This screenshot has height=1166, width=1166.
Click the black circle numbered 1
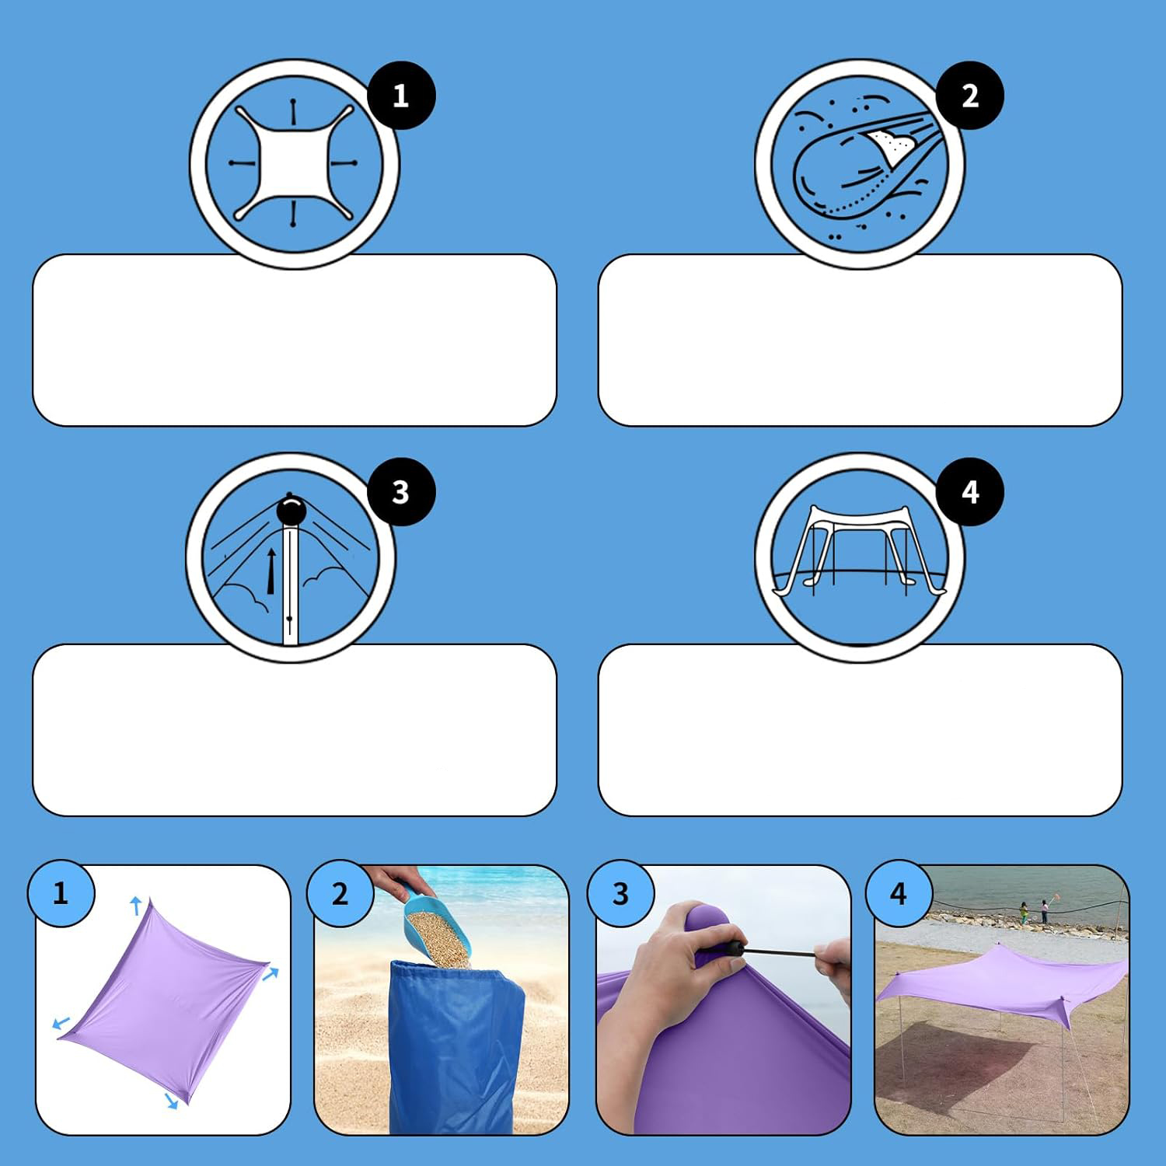click(400, 96)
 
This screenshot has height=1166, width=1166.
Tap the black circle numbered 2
click(969, 96)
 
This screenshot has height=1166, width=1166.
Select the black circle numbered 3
click(400, 492)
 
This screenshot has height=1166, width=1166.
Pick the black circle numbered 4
click(969, 492)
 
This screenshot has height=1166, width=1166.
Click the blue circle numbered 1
click(61, 893)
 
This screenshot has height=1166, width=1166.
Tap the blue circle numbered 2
click(340, 893)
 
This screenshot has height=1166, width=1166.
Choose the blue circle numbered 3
click(620, 893)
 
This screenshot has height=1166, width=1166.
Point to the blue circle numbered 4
click(899, 893)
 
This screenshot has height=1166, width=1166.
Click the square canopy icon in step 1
click(294, 164)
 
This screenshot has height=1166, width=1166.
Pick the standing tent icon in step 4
click(858, 548)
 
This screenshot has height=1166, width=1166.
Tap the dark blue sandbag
click(456, 1046)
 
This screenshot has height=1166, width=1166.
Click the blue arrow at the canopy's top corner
click(136, 905)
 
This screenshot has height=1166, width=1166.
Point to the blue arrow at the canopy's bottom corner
click(172, 1100)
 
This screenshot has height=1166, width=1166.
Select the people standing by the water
click(1034, 911)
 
